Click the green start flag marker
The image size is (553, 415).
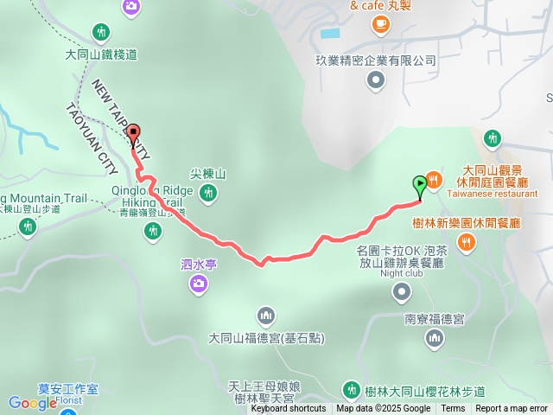tap(420, 184)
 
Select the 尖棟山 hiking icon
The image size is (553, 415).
tap(207, 194)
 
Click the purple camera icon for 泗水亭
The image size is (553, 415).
tap(198, 283)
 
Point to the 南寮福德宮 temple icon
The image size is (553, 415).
tap(435, 340)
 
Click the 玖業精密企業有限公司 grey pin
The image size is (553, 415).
tap(375, 81)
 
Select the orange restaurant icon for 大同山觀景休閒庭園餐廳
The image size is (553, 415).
tap(434, 180)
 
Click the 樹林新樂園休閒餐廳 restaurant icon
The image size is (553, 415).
tap(467, 243)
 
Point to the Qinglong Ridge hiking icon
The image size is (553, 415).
tap(153, 230)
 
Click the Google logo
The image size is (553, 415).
tap(32, 403)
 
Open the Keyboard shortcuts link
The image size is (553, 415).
tap(288, 409)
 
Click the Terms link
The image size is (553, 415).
tap(453, 409)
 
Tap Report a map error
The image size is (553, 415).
tap(512, 409)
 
